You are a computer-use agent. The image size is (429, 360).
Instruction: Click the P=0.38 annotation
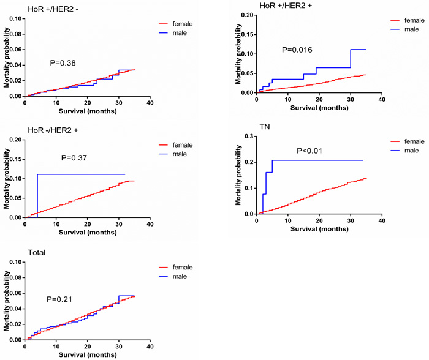coord(63,62)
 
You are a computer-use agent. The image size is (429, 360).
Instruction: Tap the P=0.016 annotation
coord(297,49)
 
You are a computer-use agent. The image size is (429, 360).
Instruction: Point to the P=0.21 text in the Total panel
coord(59,299)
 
